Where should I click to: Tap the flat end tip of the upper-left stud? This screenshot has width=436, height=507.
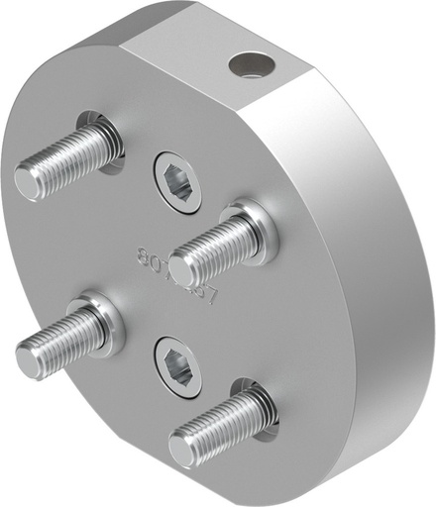27,181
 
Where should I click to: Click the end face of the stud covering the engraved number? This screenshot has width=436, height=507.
181,268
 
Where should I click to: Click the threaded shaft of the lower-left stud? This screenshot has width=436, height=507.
69,337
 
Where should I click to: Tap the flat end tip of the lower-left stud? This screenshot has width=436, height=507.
29,358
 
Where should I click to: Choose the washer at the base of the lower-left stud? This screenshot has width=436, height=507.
109,316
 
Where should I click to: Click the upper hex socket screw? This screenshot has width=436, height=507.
178,180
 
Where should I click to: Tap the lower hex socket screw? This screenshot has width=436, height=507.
178,365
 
